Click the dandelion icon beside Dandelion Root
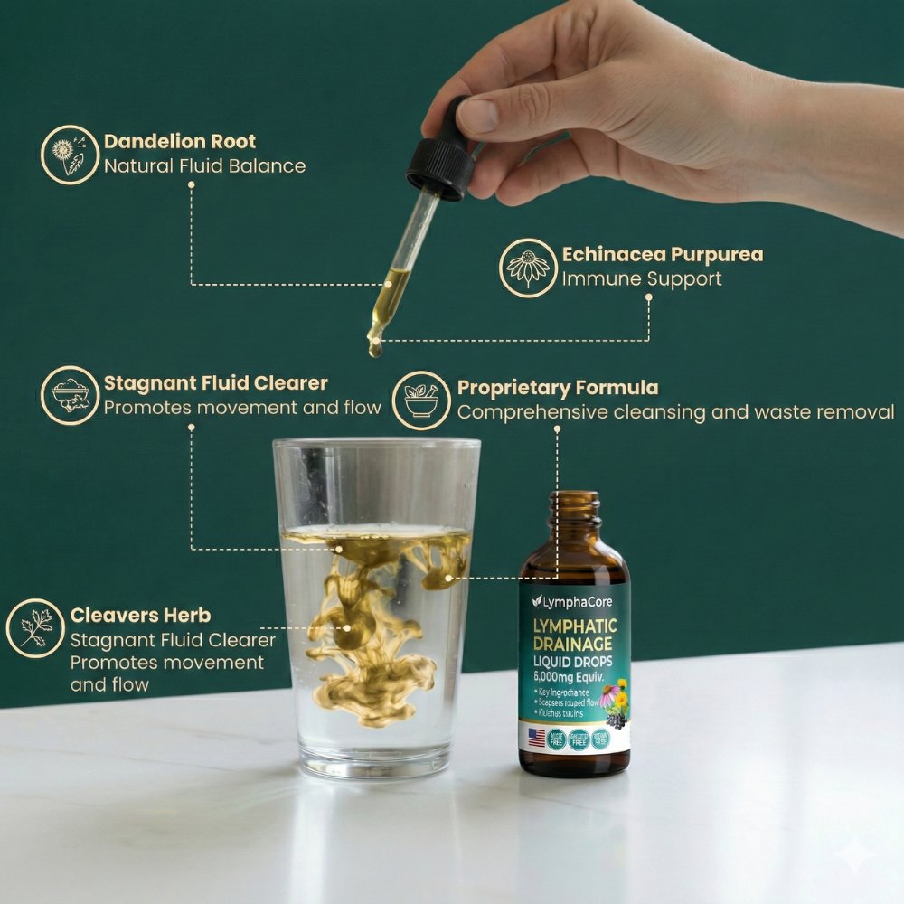point(70,155)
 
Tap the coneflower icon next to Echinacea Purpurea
point(528,268)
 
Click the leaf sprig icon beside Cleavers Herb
point(35,627)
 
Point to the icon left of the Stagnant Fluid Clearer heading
point(70,395)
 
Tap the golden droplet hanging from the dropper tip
point(374,346)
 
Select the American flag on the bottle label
point(537,737)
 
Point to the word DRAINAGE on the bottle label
point(573,644)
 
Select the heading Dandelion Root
point(180,141)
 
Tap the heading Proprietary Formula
point(558,388)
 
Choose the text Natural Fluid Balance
point(204,166)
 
